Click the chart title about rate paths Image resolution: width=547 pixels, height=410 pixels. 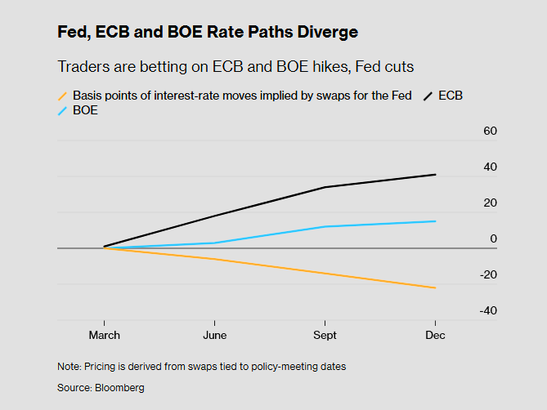pos(208,33)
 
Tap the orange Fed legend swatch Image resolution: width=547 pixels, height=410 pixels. pos(63,96)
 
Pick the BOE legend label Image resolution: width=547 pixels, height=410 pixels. pos(85,110)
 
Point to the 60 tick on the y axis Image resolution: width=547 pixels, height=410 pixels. pos(490,131)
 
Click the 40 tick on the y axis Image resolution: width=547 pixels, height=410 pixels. pos(490,167)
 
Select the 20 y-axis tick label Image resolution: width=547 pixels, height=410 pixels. pos(490,203)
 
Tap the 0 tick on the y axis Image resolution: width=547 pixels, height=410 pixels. pos(493,238)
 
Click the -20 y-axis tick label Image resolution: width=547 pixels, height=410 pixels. pos(488,274)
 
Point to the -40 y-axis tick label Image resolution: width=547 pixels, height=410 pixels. pos(488,310)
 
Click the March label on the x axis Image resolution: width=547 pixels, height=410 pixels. pos(104,335)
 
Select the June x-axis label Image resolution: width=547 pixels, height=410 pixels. pos(214,335)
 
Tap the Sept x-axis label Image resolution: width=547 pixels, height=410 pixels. pos(325,335)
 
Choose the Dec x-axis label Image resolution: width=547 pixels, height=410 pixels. pos(435,335)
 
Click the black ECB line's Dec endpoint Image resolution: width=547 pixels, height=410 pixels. pos(435,175)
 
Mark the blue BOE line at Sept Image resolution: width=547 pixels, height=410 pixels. pos(325,226)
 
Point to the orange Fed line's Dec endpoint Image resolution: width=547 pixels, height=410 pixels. pos(435,287)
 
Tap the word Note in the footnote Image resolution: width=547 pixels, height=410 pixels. pos(69,367)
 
